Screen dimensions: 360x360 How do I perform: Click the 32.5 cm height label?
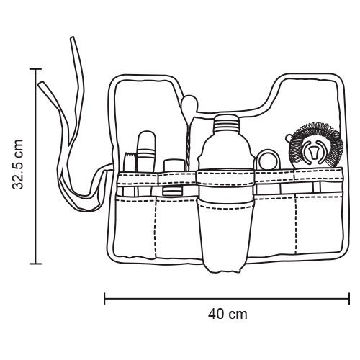(x=17, y=164)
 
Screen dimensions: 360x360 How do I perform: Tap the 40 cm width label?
(x=228, y=314)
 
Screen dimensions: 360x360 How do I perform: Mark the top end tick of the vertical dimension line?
(x=35, y=69)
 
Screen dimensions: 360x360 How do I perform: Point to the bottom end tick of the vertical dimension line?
(x=35, y=264)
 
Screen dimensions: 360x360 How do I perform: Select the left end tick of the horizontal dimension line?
(x=104, y=299)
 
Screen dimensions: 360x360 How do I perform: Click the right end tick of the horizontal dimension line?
(x=348, y=299)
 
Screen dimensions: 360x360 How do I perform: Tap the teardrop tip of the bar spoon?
(x=189, y=104)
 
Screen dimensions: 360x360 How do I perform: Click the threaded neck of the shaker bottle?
(x=227, y=123)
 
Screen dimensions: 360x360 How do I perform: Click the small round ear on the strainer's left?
(x=289, y=138)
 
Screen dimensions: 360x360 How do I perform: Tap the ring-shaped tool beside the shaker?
(x=268, y=160)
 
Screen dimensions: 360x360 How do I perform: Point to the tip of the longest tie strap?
(x=71, y=38)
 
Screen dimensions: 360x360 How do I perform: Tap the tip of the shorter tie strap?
(x=41, y=84)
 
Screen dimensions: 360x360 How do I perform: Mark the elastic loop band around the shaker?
(x=225, y=177)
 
